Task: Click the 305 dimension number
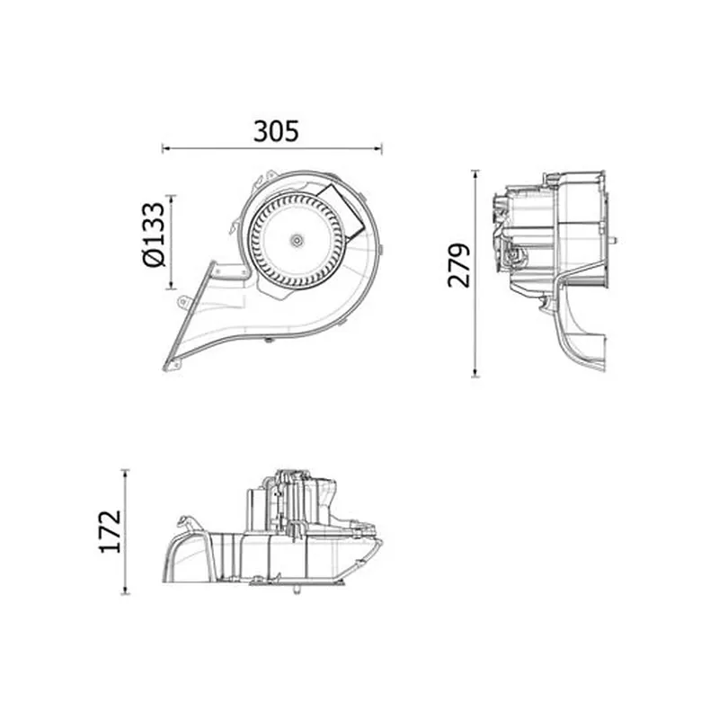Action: coord(276,131)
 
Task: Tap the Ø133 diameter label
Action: coord(154,235)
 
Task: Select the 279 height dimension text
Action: coord(459,265)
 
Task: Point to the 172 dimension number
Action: coord(111,531)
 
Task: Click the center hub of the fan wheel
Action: coord(297,239)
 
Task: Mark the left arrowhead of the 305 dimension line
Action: coord(166,148)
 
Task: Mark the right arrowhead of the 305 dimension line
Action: coord(378,148)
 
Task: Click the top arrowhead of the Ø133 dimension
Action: coord(172,198)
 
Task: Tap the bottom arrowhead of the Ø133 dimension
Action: coord(172,285)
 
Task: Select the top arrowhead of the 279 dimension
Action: coord(476,173)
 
